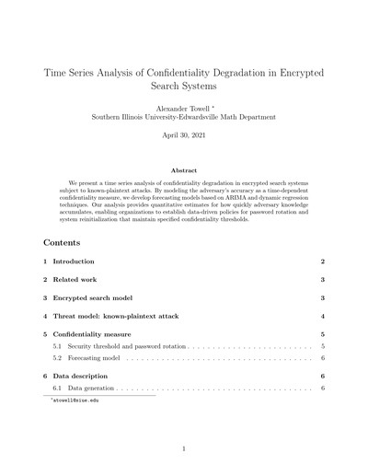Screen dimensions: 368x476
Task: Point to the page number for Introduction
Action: tap(322, 262)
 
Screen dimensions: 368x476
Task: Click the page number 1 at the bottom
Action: tap(184, 449)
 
